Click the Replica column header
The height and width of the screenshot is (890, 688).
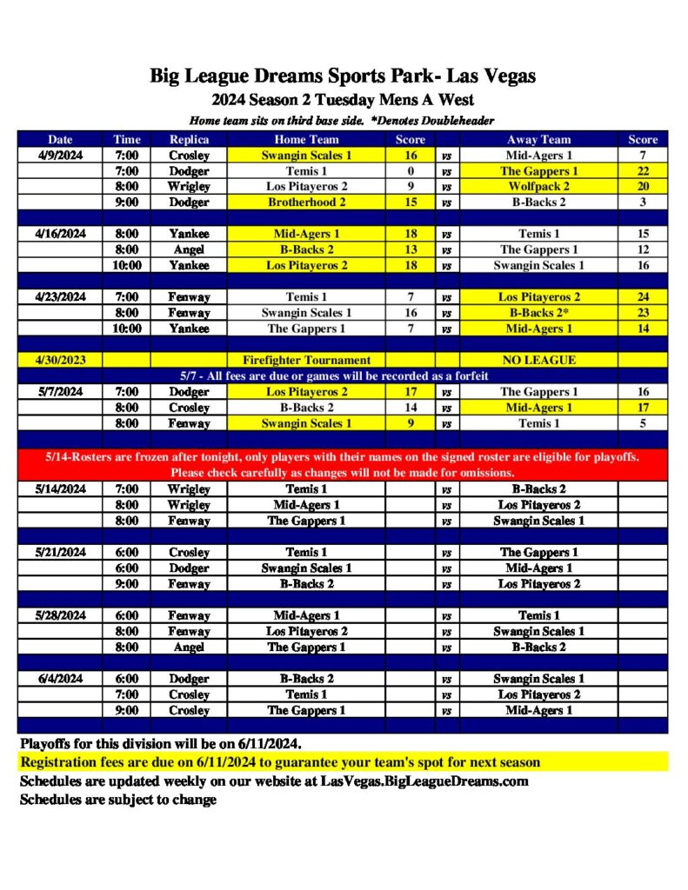click(189, 139)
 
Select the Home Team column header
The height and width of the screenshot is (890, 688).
click(306, 139)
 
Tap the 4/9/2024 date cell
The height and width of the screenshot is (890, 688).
click(60, 155)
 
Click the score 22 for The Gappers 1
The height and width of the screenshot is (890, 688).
click(643, 171)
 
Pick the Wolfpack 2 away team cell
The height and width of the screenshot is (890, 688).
click(538, 187)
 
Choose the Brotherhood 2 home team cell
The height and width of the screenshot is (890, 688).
click(306, 203)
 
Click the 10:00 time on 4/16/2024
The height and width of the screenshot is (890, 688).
click(126, 265)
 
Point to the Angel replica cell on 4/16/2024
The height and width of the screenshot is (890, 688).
click(189, 249)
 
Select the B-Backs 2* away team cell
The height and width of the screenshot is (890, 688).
click(538, 313)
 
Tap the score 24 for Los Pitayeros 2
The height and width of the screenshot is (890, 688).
click(643, 297)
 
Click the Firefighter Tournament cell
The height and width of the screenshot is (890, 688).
click(306, 360)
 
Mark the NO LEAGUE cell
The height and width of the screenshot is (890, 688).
click(538, 360)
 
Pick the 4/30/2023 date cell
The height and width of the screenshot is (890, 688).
click(60, 360)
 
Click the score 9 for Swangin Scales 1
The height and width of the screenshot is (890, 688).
click(411, 423)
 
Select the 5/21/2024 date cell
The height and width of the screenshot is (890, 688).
click(60, 552)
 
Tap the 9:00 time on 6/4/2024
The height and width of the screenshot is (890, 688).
click(126, 710)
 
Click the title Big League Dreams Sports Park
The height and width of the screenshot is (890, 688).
click(342, 76)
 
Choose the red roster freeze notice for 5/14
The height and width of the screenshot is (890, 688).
click(343, 464)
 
